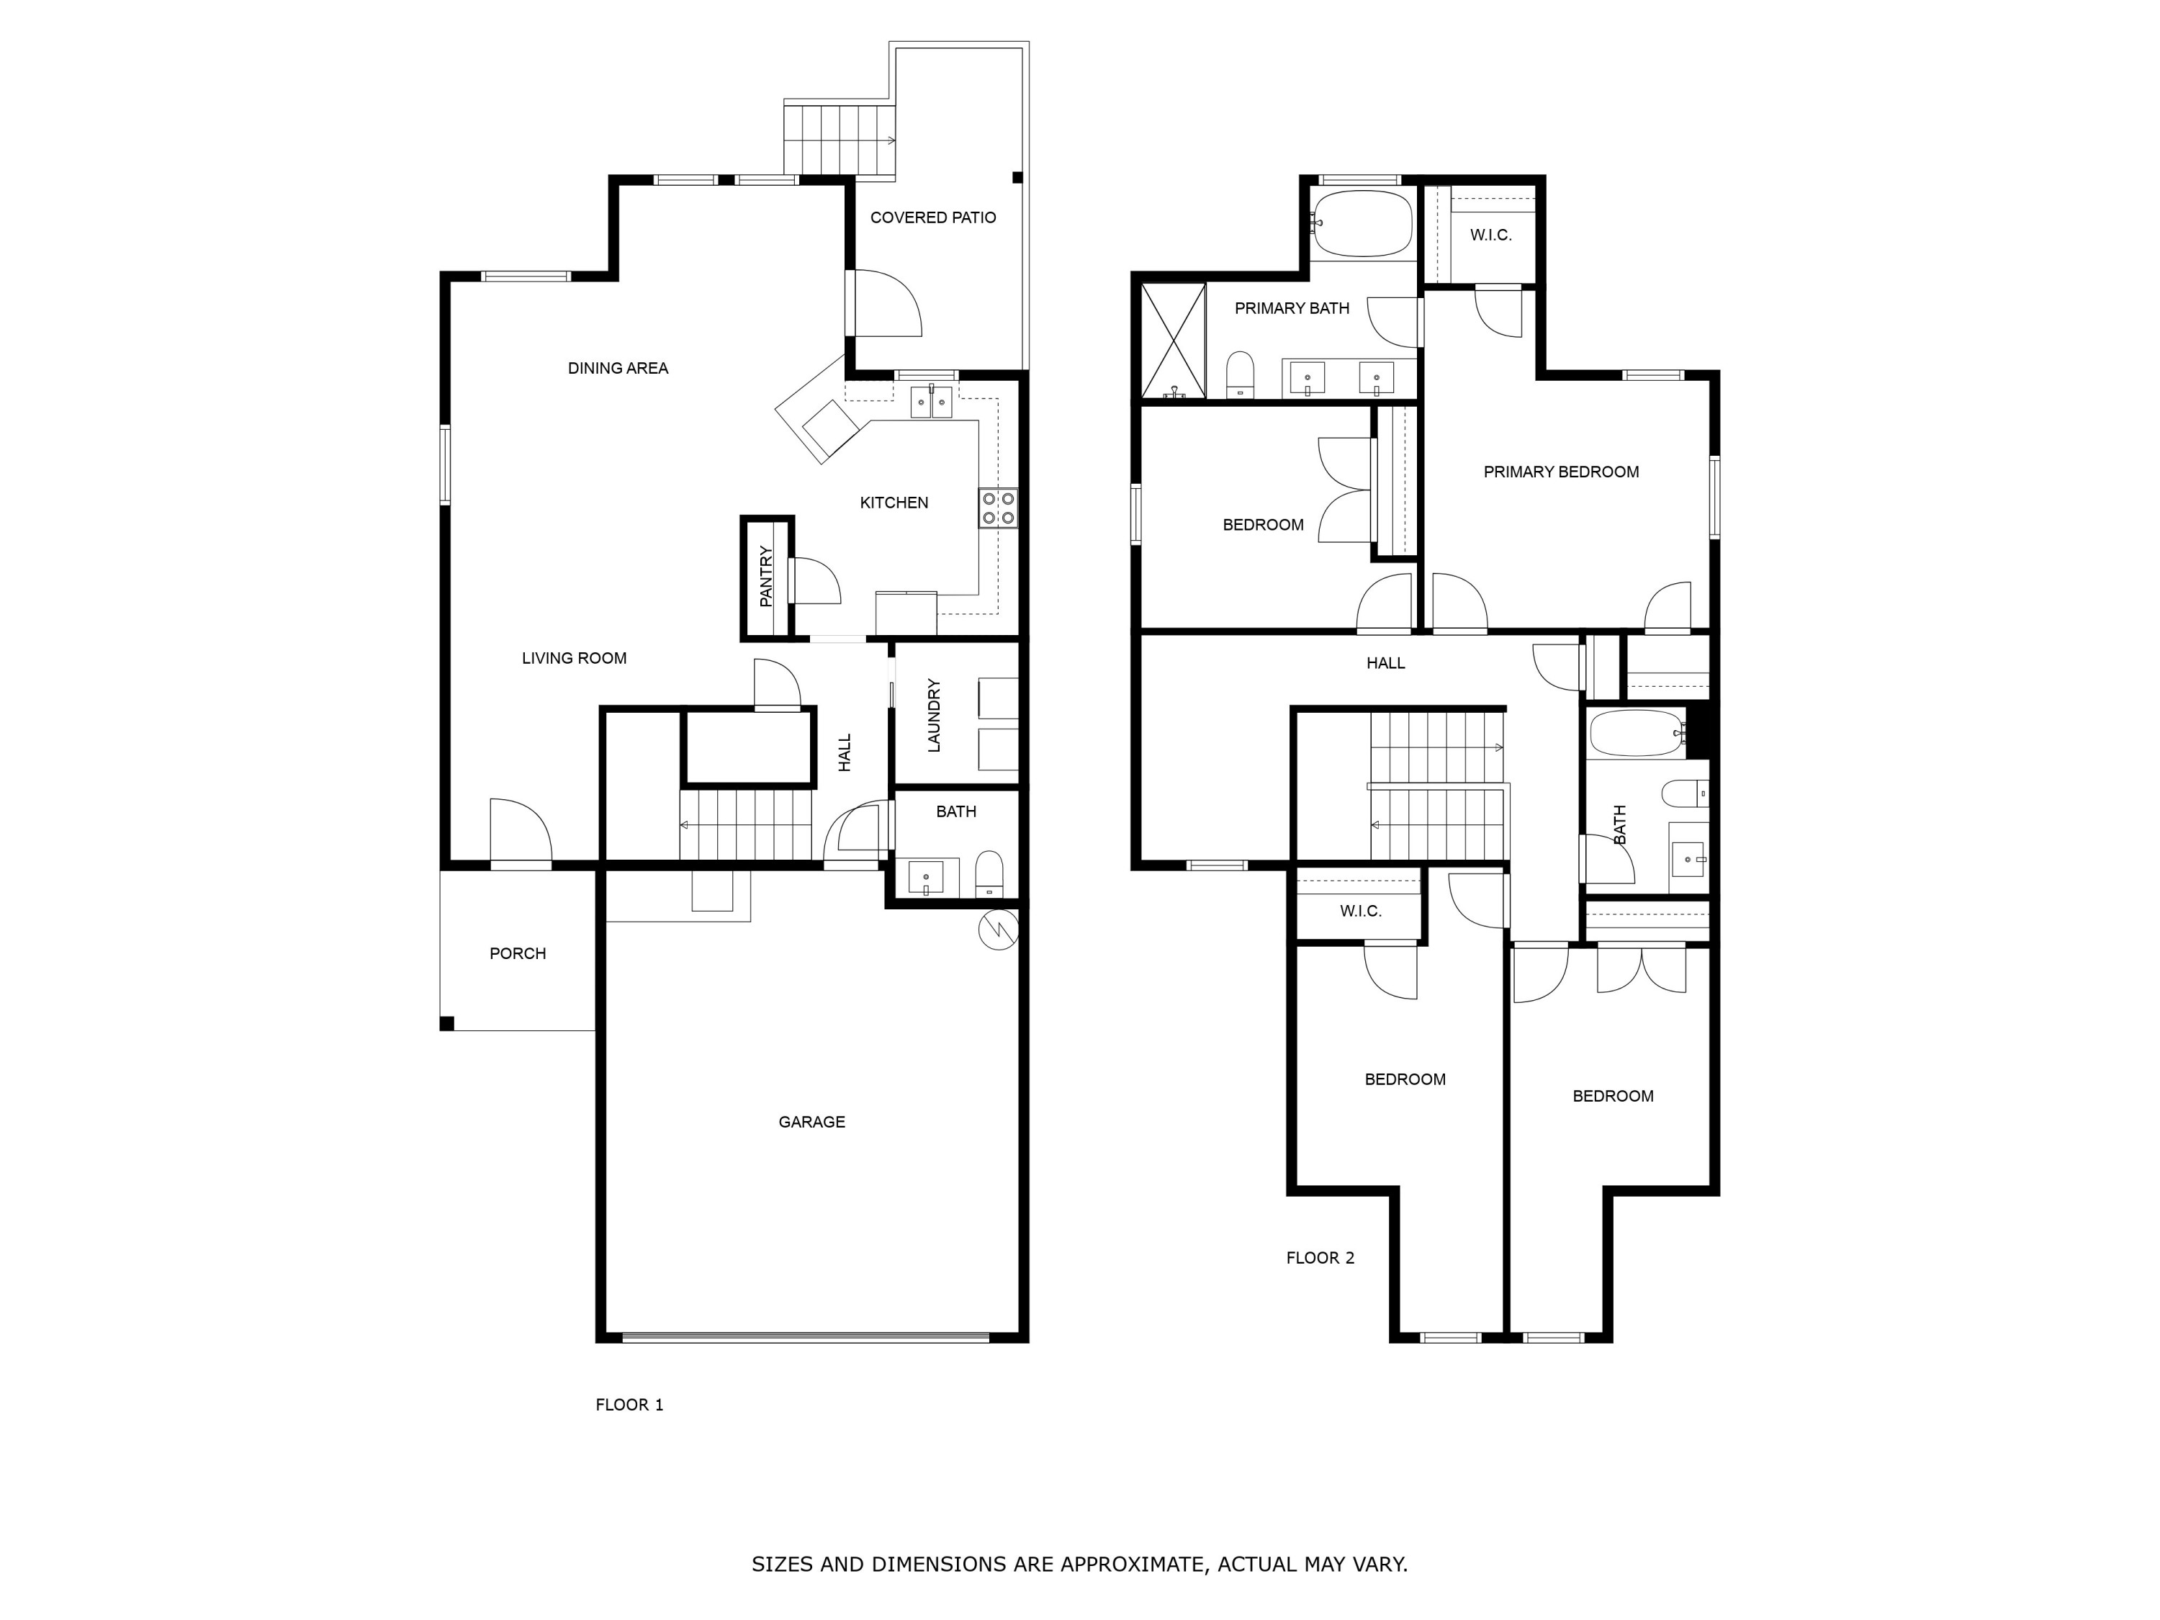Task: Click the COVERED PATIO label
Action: [932, 217]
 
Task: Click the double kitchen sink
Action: [930, 401]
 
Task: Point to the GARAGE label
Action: [811, 1122]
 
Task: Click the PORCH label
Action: [518, 953]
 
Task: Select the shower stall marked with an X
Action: [1173, 341]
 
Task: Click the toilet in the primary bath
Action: [1240, 374]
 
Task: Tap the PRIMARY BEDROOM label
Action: [1560, 472]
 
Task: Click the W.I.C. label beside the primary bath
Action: [1490, 235]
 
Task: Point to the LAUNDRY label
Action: [934, 715]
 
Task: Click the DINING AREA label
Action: [617, 368]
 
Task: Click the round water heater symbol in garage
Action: [998, 929]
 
